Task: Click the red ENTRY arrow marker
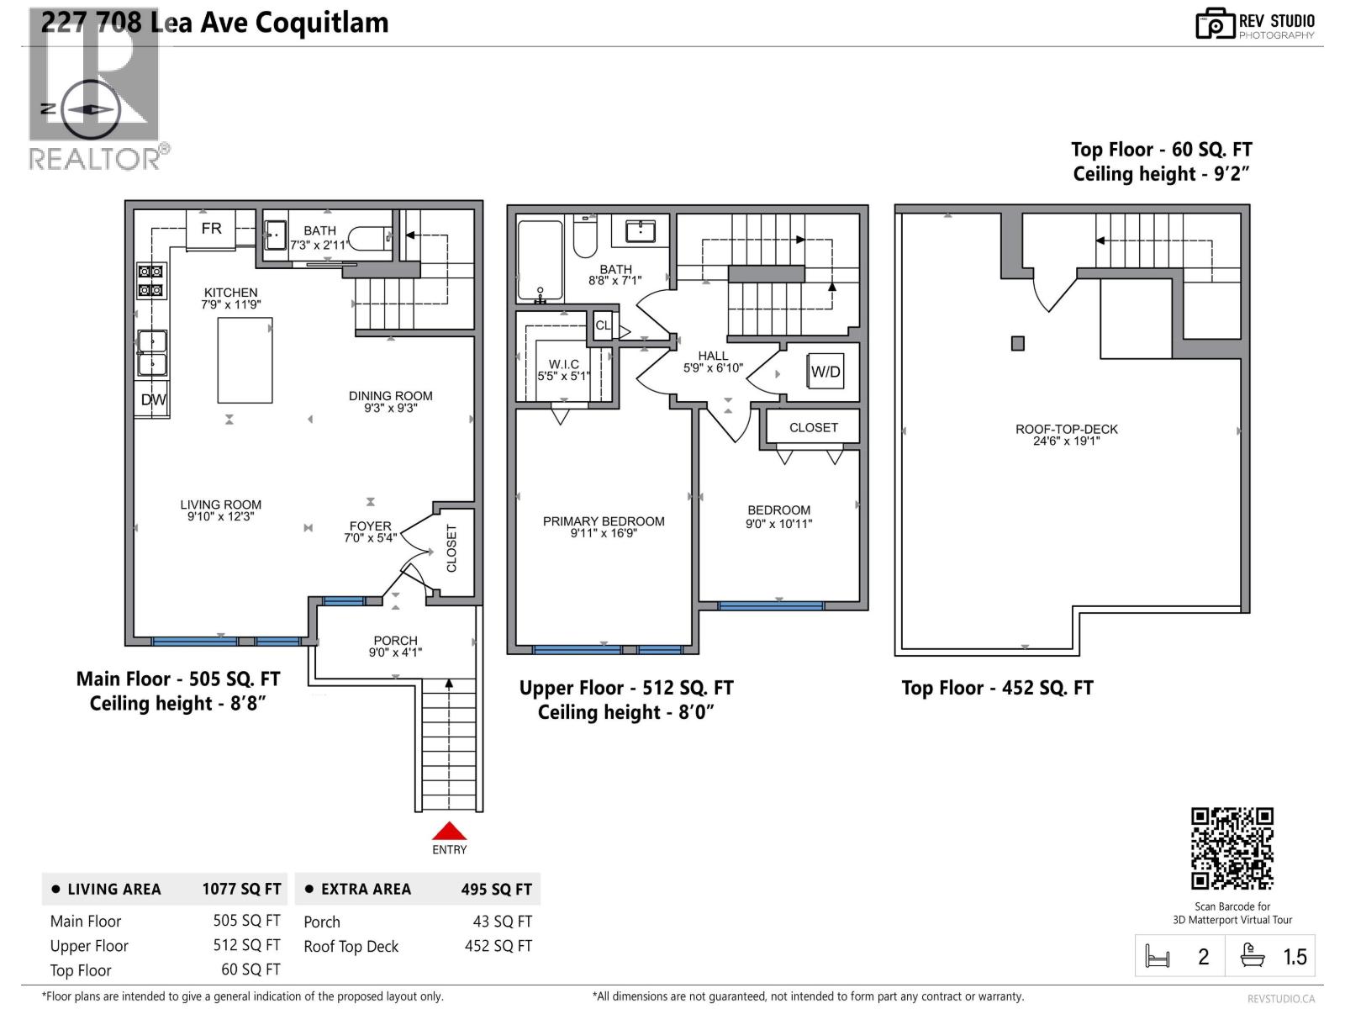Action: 449,832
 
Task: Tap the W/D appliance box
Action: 825,372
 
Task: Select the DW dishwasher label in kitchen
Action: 153,400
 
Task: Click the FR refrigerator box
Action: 211,229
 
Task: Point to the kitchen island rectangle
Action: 245,360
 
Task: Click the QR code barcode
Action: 1232,848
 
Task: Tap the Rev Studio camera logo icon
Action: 1215,24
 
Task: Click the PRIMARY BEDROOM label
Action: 604,521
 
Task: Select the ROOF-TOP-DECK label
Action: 1066,429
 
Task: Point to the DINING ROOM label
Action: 391,395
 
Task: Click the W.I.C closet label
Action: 563,364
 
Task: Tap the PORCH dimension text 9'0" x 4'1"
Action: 395,652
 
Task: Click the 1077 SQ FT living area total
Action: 241,890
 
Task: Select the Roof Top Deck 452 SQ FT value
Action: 498,946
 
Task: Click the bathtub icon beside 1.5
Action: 1253,956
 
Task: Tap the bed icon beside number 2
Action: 1158,957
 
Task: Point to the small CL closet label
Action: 603,325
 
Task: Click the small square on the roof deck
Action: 1018,343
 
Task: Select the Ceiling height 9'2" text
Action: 1161,174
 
